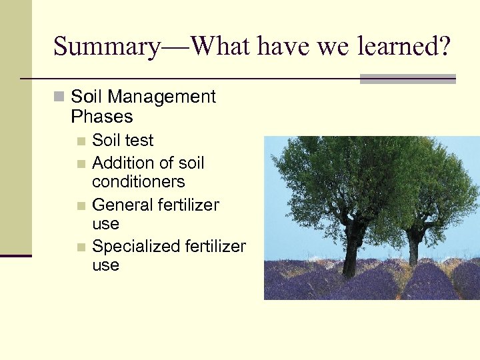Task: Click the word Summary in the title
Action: pyautogui.click(x=106, y=47)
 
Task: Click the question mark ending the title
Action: pyautogui.click(x=444, y=47)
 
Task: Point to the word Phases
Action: pyautogui.click(x=101, y=117)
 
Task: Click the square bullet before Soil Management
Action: pyautogui.click(x=59, y=97)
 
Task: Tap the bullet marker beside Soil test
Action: pyautogui.click(x=81, y=141)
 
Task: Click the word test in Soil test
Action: pyautogui.click(x=139, y=141)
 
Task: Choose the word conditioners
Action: pyautogui.click(x=138, y=181)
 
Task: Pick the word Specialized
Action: pyautogui.click(x=133, y=247)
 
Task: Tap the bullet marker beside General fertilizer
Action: pyautogui.click(x=81, y=205)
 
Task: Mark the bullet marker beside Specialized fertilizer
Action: pyautogui.click(x=81, y=247)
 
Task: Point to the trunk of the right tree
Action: pyautogui.click(x=414, y=247)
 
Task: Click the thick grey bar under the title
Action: pyautogui.click(x=407, y=79)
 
